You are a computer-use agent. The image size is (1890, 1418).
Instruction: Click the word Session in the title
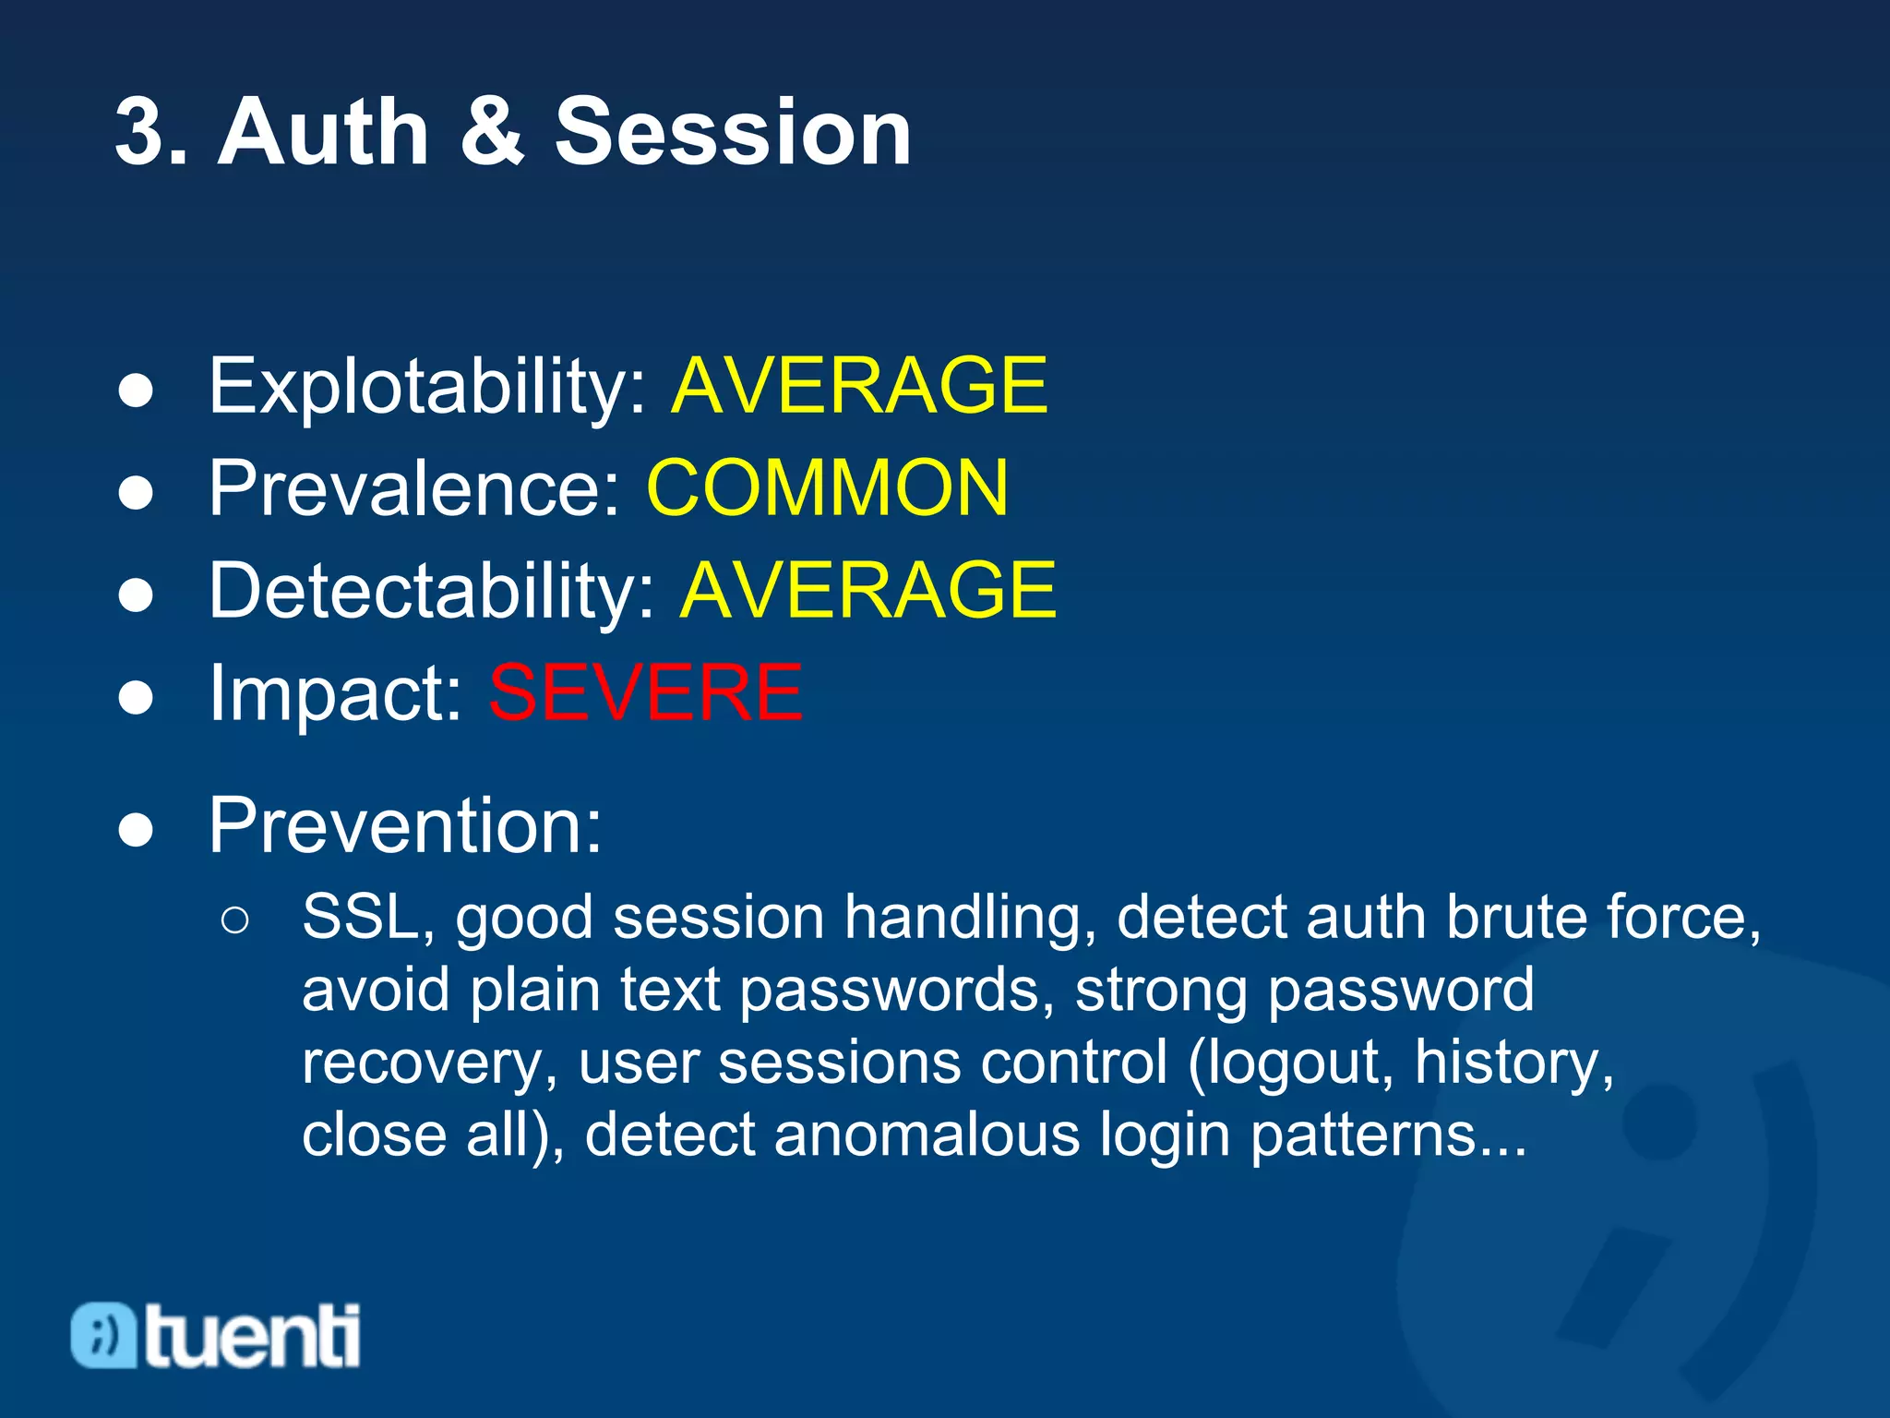pyautogui.click(x=733, y=133)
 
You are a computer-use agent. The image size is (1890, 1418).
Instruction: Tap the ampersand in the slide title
pyautogui.click(x=491, y=133)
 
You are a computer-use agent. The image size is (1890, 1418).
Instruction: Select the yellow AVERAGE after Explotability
pyautogui.click(x=859, y=386)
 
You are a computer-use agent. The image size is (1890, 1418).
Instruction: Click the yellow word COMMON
pyautogui.click(x=827, y=488)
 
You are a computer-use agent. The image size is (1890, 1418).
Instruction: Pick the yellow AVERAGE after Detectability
pyautogui.click(x=867, y=591)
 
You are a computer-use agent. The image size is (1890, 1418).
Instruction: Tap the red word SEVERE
pyautogui.click(x=646, y=693)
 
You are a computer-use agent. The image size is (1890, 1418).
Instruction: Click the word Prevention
pyautogui.click(x=404, y=825)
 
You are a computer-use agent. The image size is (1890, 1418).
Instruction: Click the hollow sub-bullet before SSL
pyautogui.click(x=235, y=920)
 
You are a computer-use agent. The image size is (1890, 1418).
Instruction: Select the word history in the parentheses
pyautogui.click(x=1513, y=1063)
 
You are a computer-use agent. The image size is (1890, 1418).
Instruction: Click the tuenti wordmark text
pyautogui.click(x=252, y=1336)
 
